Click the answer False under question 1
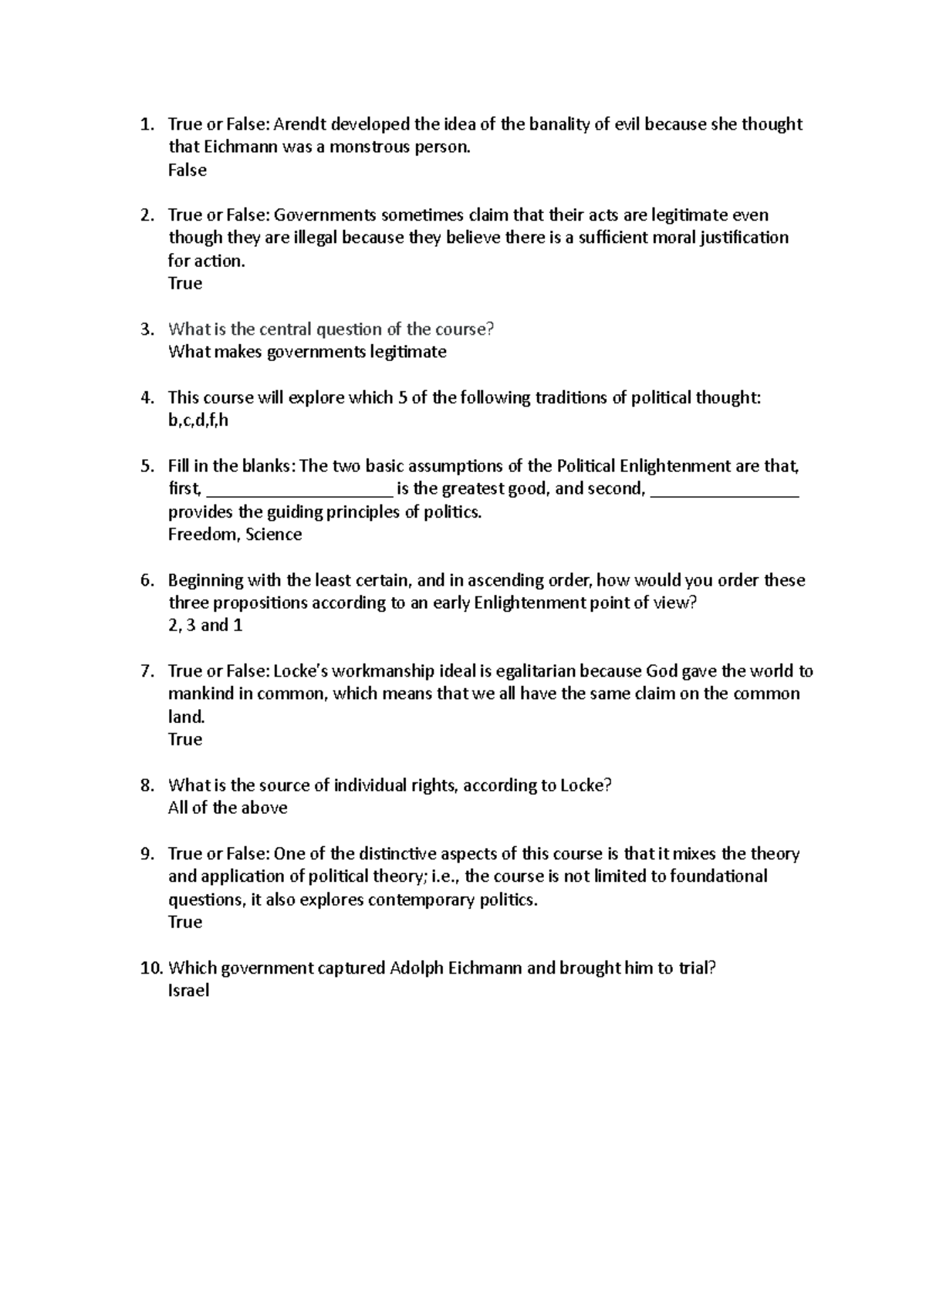pyautogui.click(x=187, y=171)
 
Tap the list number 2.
pyautogui.click(x=147, y=215)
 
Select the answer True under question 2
pyautogui.click(x=185, y=284)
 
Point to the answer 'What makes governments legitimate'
pyautogui.click(x=307, y=353)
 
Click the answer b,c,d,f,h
pyautogui.click(x=198, y=421)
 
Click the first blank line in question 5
pyautogui.click(x=300, y=495)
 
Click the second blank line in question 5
pyautogui.click(x=725, y=495)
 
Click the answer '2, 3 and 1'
pyautogui.click(x=205, y=626)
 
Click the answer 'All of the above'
pyautogui.click(x=228, y=809)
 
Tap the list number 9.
pyautogui.click(x=147, y=854)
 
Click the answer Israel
pyautogui.click(x=188, y=991)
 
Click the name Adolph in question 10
pyautogui.click(x=417, y=968)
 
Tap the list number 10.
pyautogui.click(x=150, y=968)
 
